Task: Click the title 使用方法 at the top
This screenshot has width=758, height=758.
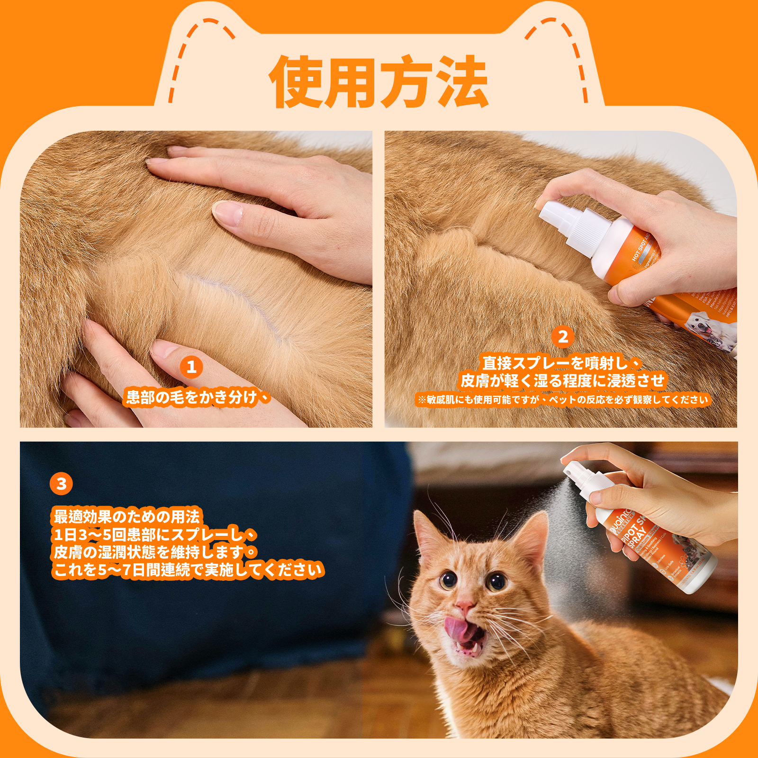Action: (379, 81)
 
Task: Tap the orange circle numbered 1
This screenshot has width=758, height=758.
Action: (191, 367)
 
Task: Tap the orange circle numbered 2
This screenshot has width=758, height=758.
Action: (563, 337)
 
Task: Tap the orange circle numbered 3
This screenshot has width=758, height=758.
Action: (61, 484)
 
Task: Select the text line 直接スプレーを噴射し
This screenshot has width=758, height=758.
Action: (561, 363)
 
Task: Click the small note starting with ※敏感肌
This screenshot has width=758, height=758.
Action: (562, 400)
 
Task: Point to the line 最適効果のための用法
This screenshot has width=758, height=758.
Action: (127, 516)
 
